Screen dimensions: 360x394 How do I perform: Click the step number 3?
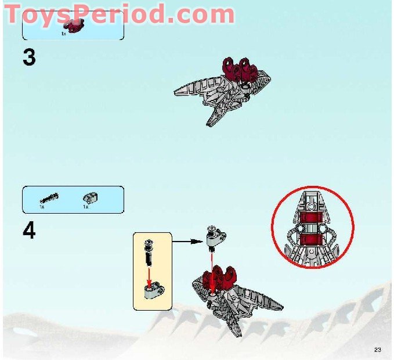tap(29, 57)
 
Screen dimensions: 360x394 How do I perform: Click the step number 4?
tap(29, 231)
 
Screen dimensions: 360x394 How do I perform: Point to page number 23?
tap(378, 349)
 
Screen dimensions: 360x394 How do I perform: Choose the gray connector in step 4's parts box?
tap(88, 197)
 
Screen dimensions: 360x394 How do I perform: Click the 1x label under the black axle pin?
tap(42, 207)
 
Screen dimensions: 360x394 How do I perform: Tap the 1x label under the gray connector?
tap(85, 207)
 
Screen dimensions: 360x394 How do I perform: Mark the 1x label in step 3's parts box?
tap(64, 34)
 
